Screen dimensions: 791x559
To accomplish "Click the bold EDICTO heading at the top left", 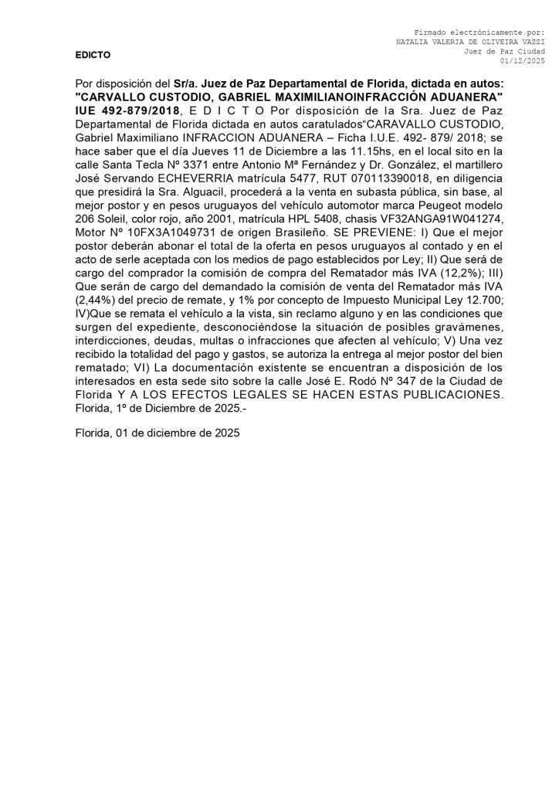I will [x=93, y=56].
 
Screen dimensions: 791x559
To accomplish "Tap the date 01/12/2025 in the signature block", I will [x=523, y=60].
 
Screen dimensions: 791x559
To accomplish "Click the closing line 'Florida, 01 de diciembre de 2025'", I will [x=158, y=434].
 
